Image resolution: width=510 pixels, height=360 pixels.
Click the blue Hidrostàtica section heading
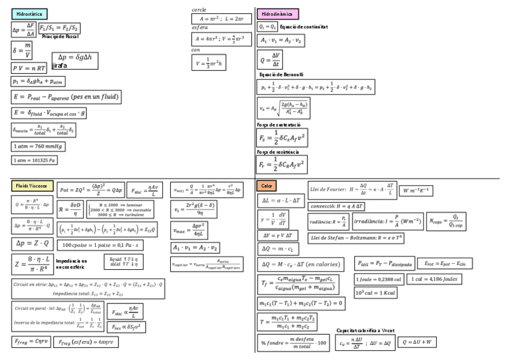tap(29, 14)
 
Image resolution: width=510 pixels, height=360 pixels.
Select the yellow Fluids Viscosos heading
tap(32, 186)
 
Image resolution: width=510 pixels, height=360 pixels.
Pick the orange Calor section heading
tap(266, 186)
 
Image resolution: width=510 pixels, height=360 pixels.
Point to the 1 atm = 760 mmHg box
tap(38, 146)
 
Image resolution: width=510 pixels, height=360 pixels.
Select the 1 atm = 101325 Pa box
tap(35, 160)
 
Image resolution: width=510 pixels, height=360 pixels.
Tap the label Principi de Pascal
tap(61, 37)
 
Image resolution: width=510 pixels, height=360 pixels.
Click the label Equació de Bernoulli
tap(281, 75)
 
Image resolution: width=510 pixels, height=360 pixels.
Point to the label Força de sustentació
tap(279, 124)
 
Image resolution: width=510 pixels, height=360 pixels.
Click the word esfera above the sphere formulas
tap(200, 28)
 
